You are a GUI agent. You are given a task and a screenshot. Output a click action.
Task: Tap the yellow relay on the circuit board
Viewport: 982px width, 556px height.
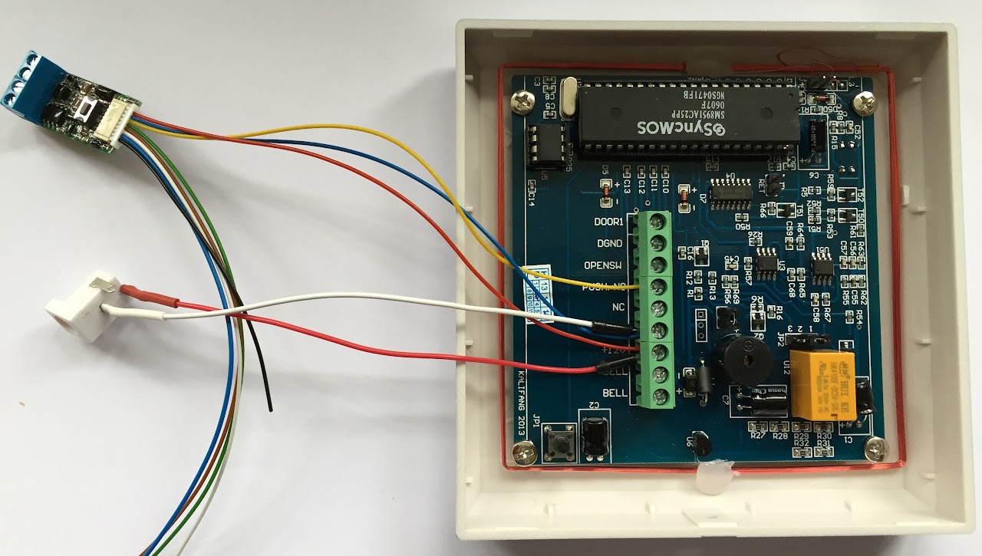[x=827, y=383]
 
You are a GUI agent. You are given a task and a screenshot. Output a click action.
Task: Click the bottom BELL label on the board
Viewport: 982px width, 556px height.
[x=615, y=393]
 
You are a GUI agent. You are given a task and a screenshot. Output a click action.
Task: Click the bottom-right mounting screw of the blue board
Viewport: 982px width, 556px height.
[x=875, y=446]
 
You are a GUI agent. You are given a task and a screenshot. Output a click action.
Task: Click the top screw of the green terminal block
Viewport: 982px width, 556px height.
[x=657, y=222]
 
